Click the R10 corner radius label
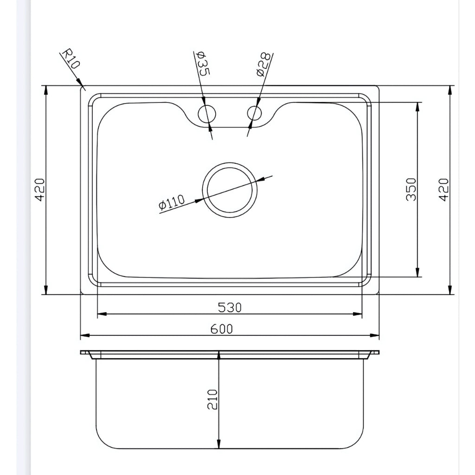[71, 59]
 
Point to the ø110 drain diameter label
[172, 203]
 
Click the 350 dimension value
[411, 189]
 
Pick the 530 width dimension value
[230, 307]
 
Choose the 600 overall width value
[222, 329]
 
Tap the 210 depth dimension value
[212, 399]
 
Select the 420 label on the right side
[443, 189]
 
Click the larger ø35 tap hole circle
[207, 113]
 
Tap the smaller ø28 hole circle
[255, 113]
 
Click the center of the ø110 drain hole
[230, 189]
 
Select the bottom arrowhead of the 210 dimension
[218, 445]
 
